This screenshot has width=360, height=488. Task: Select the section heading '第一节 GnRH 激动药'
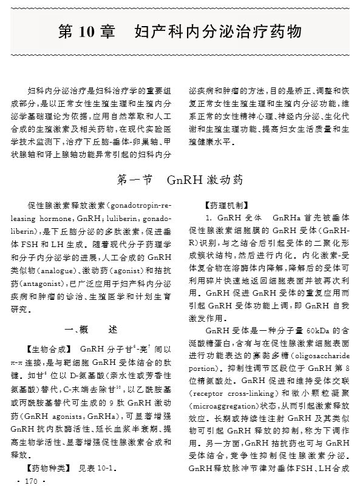coord(179,180)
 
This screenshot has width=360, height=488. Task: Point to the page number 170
coord(29,481)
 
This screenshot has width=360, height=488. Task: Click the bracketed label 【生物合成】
coord(49,348)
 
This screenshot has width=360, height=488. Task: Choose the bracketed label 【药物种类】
coord(49,469)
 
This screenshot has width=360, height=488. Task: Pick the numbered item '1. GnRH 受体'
coord(232,218)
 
